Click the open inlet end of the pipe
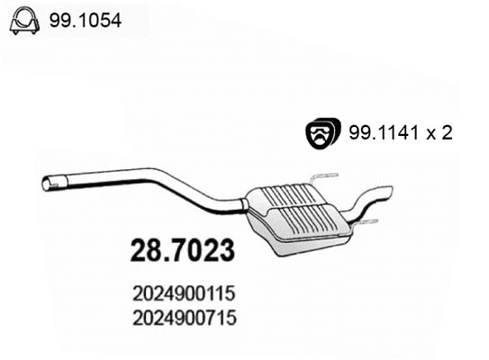pyautogui.click(x=48, y=184)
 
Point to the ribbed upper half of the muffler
pyautogui.click(x=285, y=196)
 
